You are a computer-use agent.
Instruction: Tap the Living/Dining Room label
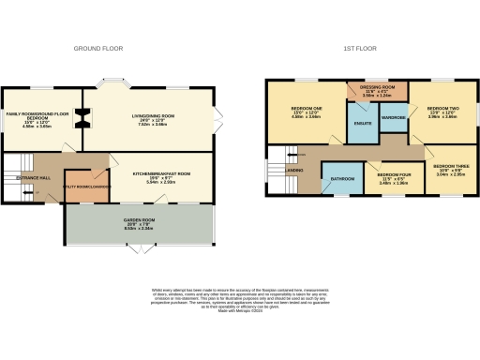(154, 119)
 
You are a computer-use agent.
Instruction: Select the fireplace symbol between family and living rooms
(83, 116)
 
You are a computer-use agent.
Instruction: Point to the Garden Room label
(138, 223)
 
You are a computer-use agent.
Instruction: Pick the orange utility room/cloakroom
(81, 186)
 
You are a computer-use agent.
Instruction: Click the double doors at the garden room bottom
(138, 250)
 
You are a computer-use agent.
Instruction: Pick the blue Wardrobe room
(395, 118)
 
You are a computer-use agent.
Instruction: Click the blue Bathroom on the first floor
(340, 178)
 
